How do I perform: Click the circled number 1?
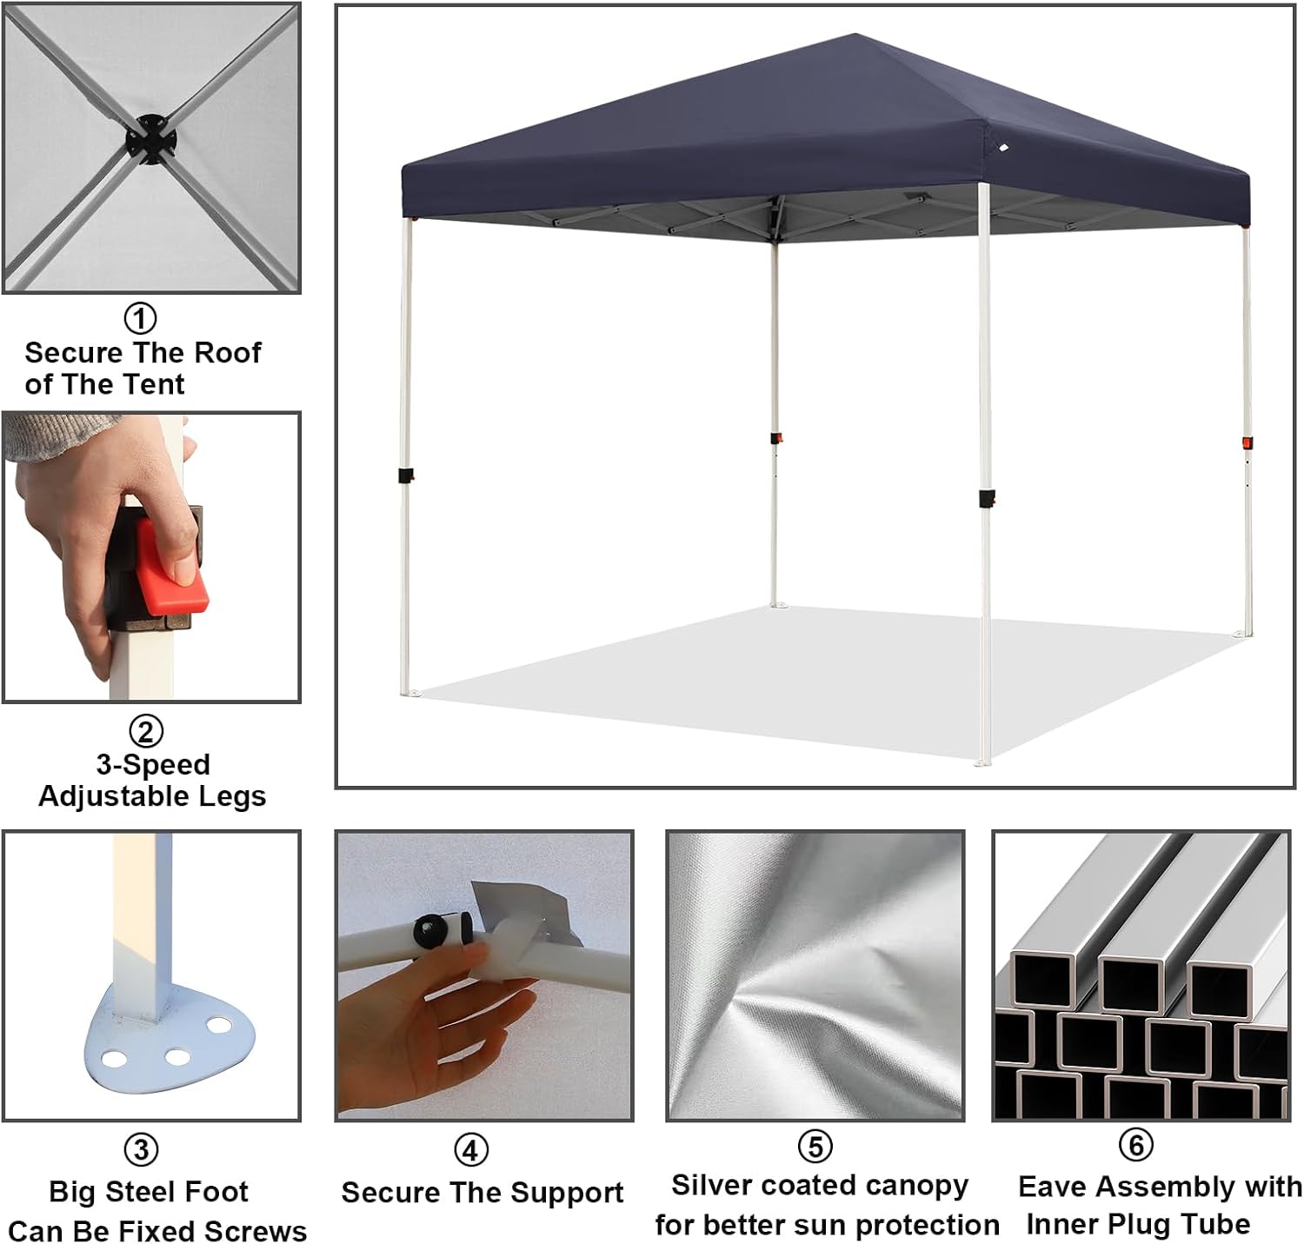tap(141, 318)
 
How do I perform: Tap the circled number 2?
tap(146, 731)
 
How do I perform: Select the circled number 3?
tap(142, 1150)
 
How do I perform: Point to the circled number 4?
tap(470, 1150)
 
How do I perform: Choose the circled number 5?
tap(815, 1147)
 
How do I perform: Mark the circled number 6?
tap(1135, 1145)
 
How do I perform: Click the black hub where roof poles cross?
tap(150, 139)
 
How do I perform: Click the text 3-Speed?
tap(153, 764)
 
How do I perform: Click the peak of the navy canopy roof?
tap(855, 36)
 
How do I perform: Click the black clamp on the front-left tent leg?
tap(405, 476)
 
